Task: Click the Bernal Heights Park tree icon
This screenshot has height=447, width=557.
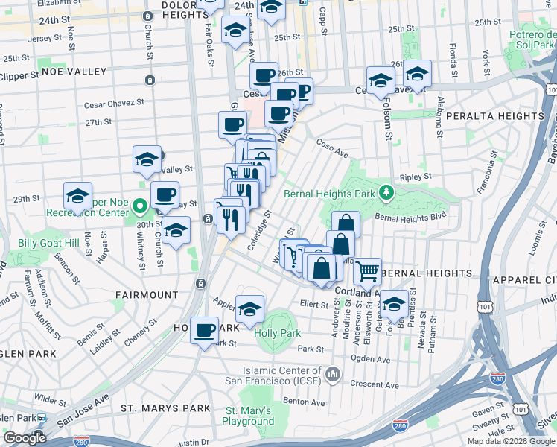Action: (385, 193)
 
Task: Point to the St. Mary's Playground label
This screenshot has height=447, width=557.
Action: (249, 416)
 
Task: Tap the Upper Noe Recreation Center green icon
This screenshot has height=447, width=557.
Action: (139, 204)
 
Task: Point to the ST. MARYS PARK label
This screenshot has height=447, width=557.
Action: (156, 408)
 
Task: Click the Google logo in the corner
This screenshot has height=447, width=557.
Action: (24, 438)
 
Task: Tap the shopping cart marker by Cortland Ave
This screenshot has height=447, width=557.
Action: (367, 272)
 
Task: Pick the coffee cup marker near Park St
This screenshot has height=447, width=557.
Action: (204, 330)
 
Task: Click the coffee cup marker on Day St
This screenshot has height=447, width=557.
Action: (165, 195)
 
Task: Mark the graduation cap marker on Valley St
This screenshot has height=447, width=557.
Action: (147, 159)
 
